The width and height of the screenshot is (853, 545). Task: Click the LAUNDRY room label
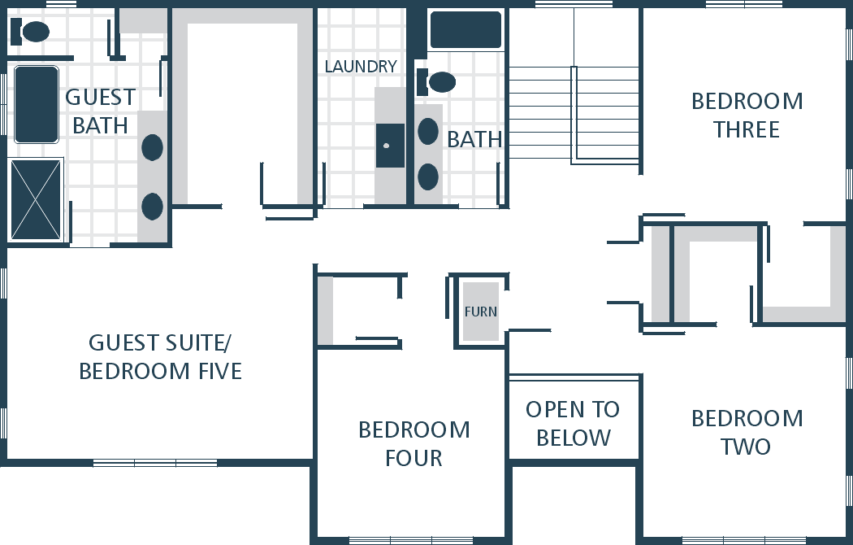(x=361, y=67)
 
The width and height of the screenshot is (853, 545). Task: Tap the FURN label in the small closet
(x=481, y=312)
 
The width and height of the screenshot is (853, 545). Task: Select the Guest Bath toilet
(x=30, y=32)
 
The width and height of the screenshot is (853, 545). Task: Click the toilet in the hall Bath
(x=436, y=81)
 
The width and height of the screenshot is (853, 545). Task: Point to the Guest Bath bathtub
(x=37, y=105)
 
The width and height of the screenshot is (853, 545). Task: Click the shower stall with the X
(x=36, y=200)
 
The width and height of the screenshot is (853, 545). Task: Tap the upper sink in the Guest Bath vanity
(x=153, y=147)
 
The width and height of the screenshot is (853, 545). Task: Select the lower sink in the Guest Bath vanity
(x=153, y=207)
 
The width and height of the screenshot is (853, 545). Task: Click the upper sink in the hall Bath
(x=428, y=131)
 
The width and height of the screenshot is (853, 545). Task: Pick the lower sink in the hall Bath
(x=428, y=177)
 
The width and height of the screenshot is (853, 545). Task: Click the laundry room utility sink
(x=390, y=146)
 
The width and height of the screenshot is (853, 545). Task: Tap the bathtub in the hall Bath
(x=465, y=30)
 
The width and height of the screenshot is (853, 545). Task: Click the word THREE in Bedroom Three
(x=747, y=129)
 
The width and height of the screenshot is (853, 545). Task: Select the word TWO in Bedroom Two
(x=746, y=447)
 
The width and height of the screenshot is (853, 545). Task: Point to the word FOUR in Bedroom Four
(x=414, y=459)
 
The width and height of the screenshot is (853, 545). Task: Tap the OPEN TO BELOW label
(x=574, y=424)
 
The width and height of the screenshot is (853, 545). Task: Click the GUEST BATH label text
(x=100, y=111)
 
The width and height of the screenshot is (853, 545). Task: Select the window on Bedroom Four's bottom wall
(x=411, y=541)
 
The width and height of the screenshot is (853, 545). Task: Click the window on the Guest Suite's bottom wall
(x=155, y=464)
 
